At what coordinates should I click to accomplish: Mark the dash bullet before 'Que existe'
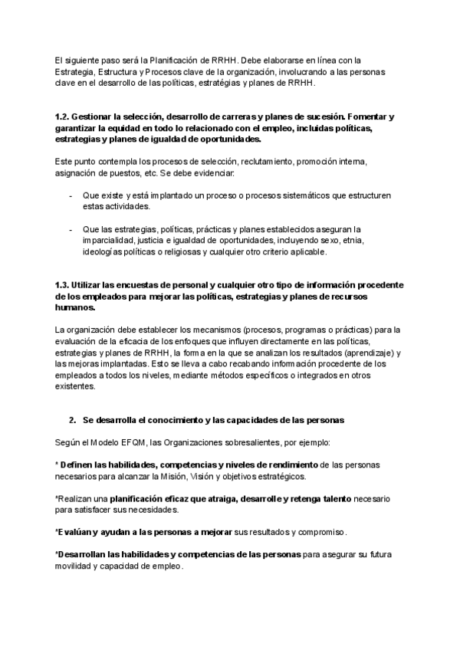pyautogui.click(x=71, y=196)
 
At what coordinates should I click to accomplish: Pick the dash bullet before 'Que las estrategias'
pyautogui.click(x=71, y=229)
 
